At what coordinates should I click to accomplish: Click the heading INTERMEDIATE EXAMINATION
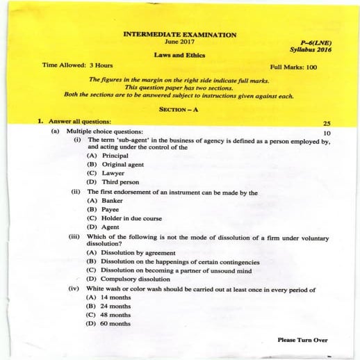179,34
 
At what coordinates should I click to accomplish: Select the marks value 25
326,122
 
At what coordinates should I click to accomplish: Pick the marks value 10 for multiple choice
327,131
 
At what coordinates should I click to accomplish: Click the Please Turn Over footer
302,340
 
